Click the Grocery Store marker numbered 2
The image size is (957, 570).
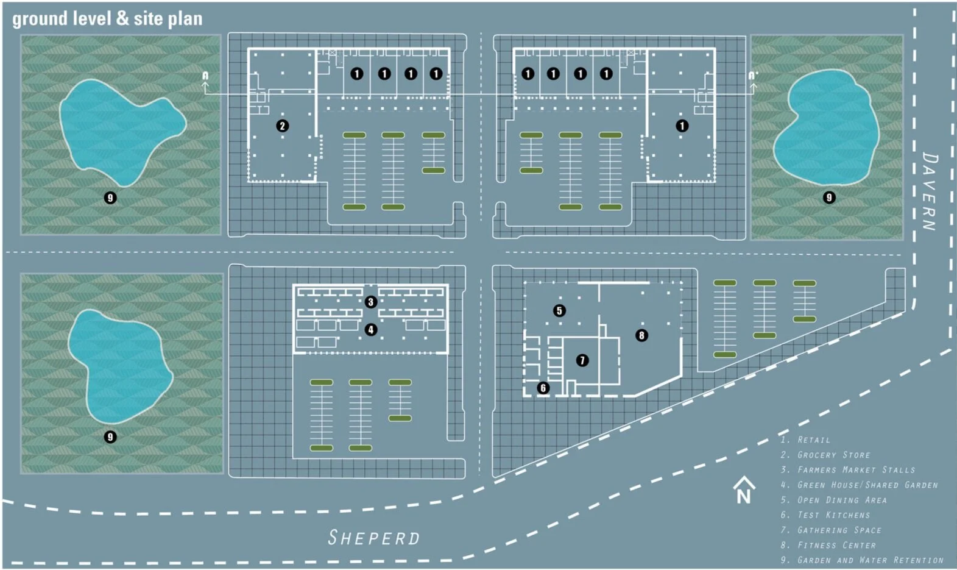click(282, 126)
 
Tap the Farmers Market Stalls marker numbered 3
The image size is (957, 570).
click(370, 302)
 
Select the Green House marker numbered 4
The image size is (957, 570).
click(370, 330)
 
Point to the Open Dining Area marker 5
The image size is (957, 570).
click(559, 310)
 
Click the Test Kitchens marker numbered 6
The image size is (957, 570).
click(543, 388)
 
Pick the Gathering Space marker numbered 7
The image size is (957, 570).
click(582, 360)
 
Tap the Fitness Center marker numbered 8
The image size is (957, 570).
click(641, 335)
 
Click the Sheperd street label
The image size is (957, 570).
click(374, 538)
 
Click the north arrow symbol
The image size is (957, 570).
click(744, 490)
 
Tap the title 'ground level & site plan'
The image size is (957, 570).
click(107, 19)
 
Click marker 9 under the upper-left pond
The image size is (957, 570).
click(110, 198)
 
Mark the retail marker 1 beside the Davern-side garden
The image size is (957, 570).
click(682, 126)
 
